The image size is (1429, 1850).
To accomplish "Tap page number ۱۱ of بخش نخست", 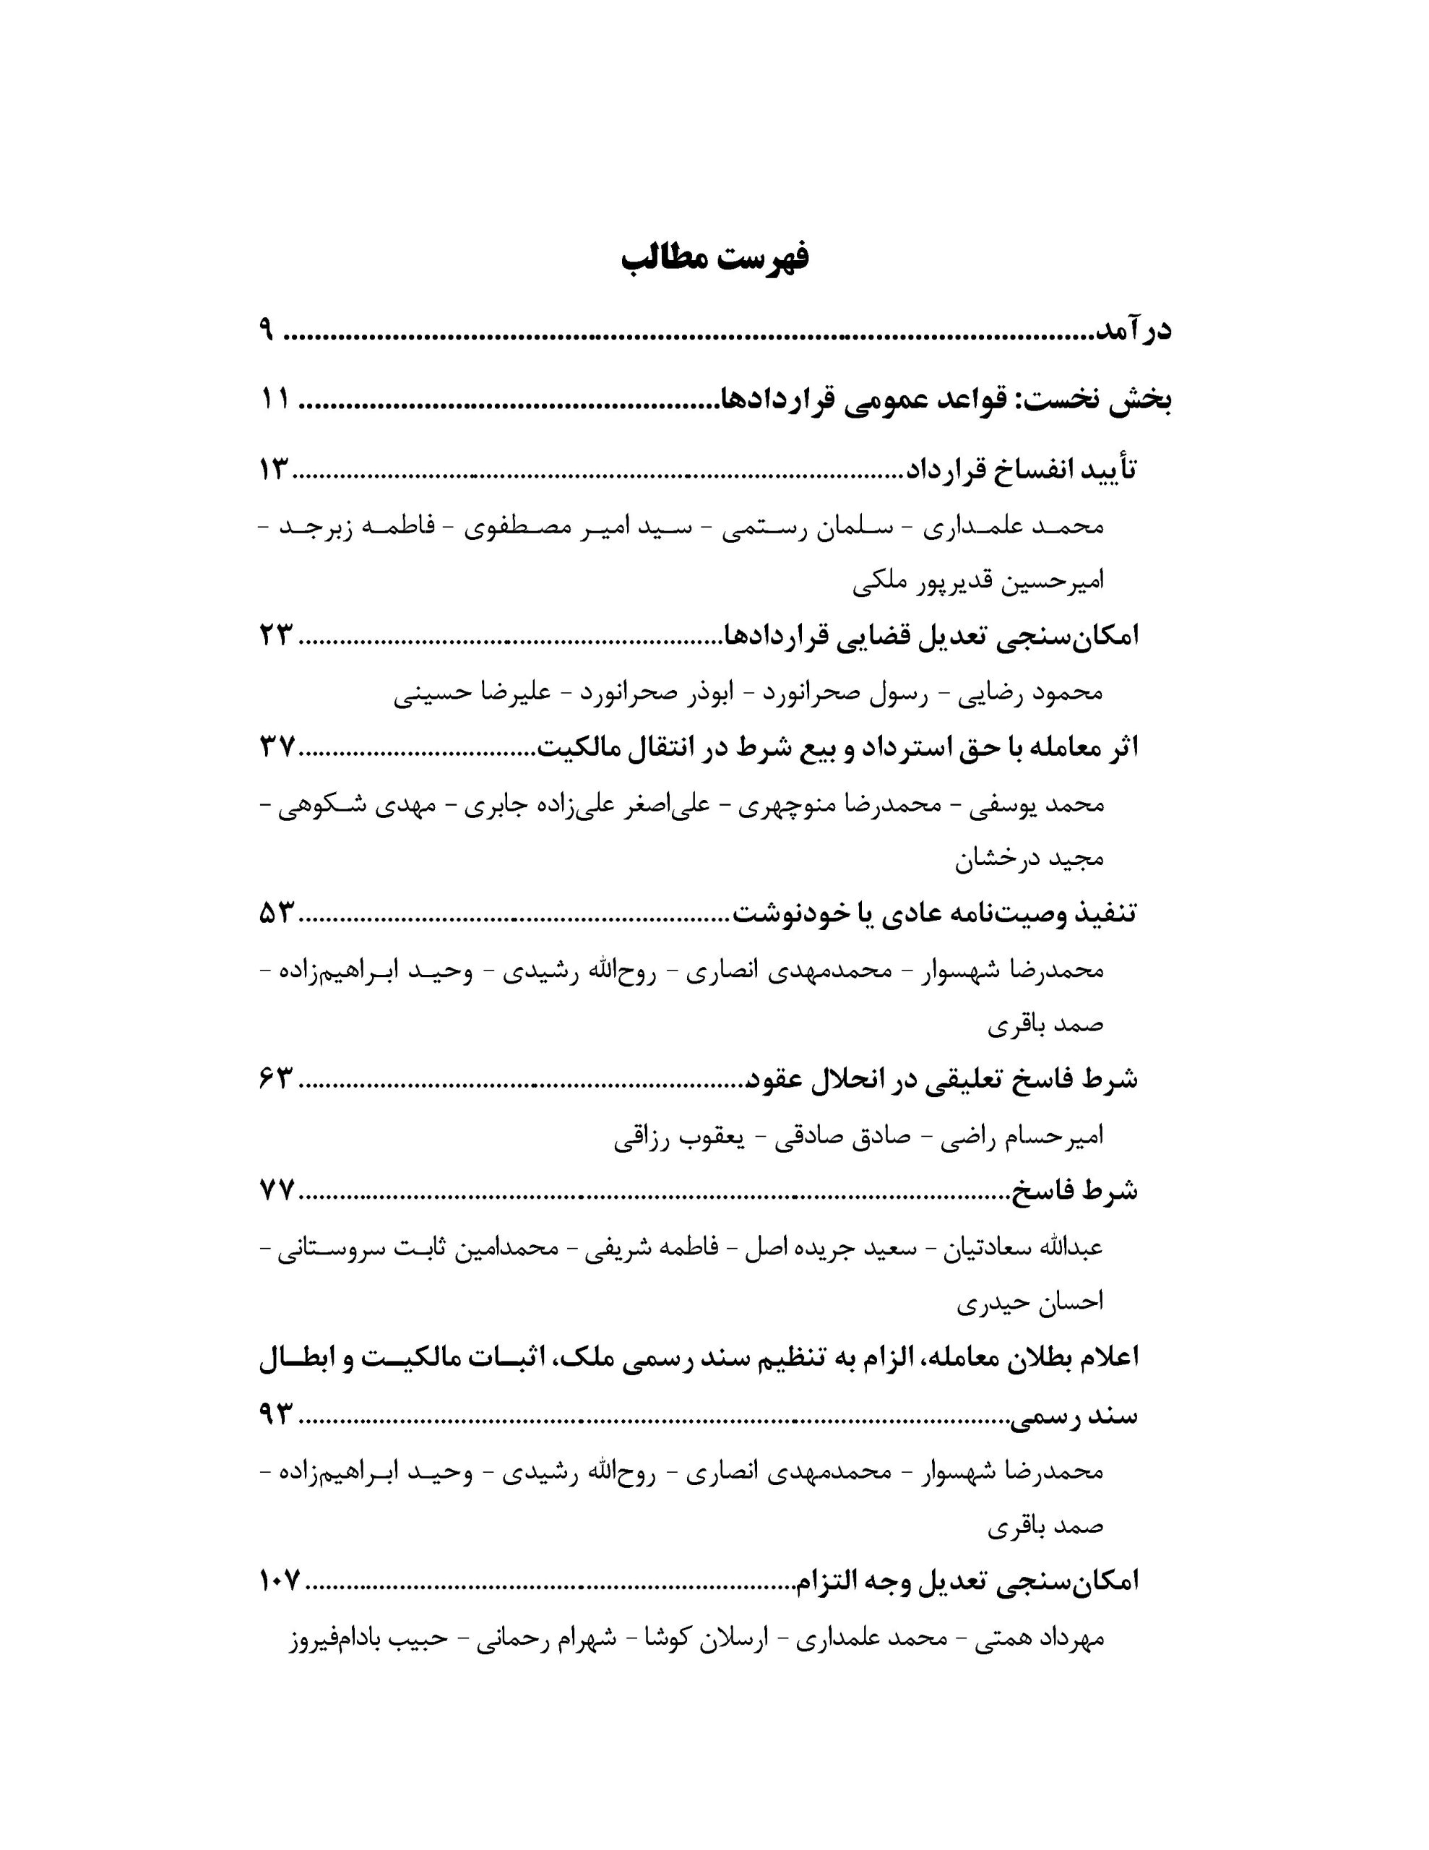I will (275, 399).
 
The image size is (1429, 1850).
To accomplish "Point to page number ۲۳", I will (276, 634).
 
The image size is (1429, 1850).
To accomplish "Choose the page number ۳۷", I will (277, 747).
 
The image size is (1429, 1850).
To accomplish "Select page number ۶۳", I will (277, 1079).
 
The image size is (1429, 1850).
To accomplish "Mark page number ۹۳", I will (277, 1414).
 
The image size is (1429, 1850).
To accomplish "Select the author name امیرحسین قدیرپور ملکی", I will (977, 582).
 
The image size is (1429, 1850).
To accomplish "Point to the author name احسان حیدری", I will (1030, 1303).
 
